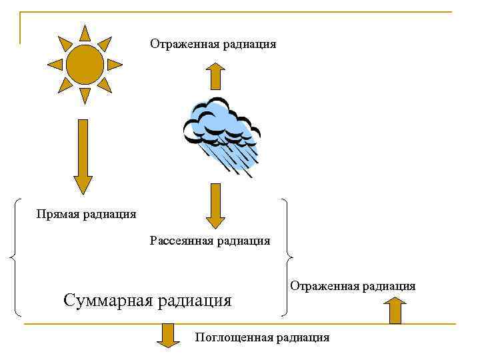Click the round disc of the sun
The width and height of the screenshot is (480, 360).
(85, 65)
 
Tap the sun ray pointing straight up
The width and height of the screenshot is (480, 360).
(85, 33)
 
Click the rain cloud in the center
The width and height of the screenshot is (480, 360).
(220, 123)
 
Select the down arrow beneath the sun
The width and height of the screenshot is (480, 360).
(83, 157)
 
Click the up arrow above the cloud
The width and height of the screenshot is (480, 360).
(215, 75)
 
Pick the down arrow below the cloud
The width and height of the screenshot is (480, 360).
(215, 205)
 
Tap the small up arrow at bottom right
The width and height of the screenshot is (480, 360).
(395, 311)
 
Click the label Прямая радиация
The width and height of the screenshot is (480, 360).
(87, 214)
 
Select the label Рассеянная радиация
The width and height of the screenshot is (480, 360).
(210, 241)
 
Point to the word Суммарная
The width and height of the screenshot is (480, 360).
(107, 300)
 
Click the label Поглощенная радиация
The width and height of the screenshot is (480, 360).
(262, 337)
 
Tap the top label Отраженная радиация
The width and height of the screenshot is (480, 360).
(213, 45)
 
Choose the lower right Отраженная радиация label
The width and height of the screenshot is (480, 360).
(353, 286)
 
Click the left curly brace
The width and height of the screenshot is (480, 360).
(15, 257)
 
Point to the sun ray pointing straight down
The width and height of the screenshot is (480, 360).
(85, 96)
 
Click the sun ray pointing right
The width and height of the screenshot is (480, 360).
(115, 65)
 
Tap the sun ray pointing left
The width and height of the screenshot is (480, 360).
(55, 65)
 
